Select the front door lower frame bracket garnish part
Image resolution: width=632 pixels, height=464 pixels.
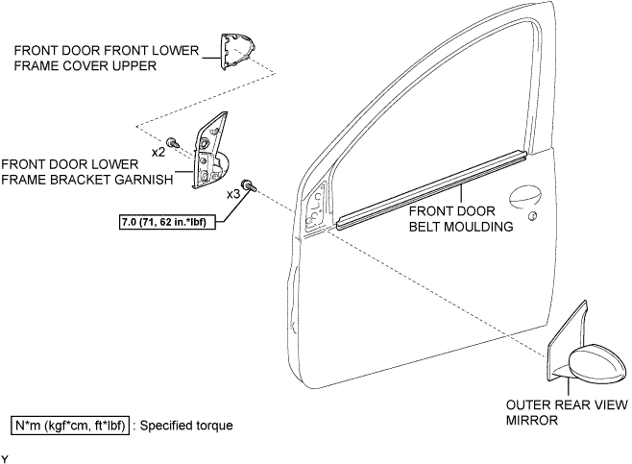click(210, 155)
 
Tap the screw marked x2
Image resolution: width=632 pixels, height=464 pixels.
click(173, 142)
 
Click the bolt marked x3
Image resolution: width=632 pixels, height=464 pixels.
click(248, 185)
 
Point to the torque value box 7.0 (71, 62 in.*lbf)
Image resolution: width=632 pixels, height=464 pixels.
click(167, 221)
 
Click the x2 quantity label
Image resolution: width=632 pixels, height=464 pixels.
click(158, 153)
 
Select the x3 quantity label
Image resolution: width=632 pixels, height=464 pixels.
click(233, 194)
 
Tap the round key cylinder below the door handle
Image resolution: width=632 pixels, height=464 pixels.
click(532, 216)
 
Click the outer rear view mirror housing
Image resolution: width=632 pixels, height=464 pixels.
click(596, 364)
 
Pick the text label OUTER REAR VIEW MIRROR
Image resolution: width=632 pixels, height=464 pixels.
click(567, 412)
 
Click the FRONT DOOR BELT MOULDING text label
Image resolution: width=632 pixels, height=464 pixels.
click(461, 219)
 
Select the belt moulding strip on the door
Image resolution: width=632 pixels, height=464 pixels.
click(431, 190)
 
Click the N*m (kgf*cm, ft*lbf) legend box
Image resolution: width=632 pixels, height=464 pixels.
click(70, 426)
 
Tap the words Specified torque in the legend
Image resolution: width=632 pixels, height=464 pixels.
click(186, 426)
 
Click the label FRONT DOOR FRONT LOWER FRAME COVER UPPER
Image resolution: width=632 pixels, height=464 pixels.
click(107, 58)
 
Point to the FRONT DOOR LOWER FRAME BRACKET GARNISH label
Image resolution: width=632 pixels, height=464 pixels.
click(87, 172)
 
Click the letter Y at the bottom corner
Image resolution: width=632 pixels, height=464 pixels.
click(5, 459)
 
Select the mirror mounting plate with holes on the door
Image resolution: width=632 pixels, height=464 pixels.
click(316, 208)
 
